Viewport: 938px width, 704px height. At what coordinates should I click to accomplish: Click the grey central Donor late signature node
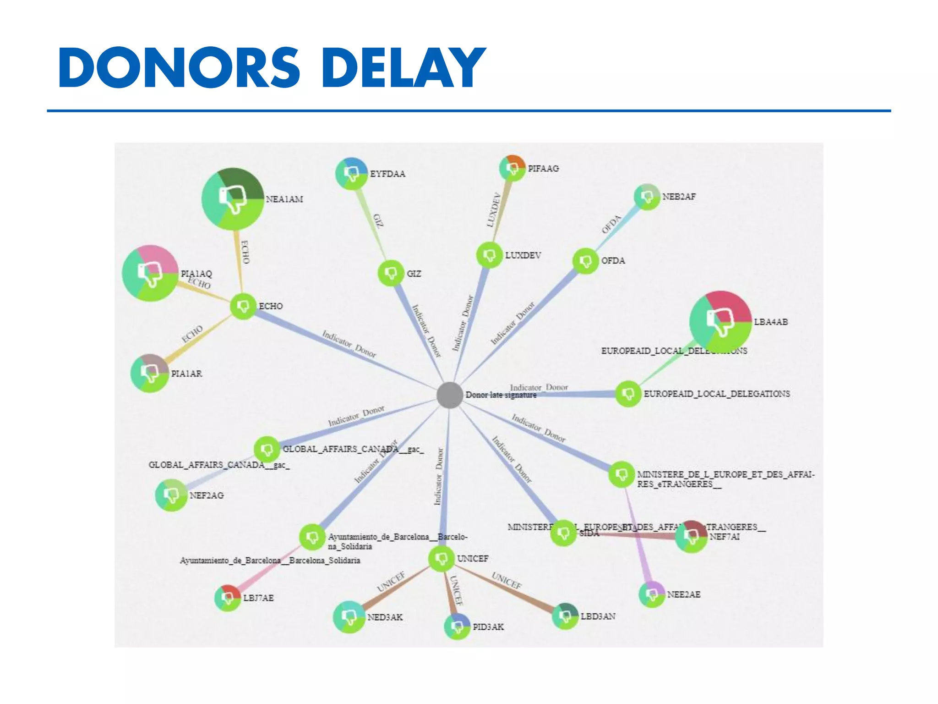coord(449,395)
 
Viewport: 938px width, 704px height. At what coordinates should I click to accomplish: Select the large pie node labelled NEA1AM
coord(233,199)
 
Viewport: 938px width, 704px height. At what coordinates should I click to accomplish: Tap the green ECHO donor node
coord(243,306)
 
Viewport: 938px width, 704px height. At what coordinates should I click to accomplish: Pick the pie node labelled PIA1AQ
coord(150,274)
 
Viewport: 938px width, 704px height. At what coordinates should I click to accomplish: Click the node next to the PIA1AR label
coord(150,373)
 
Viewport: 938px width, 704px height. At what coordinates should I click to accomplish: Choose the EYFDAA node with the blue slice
coord(352,174)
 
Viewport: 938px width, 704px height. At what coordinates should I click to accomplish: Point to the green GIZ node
coord(391,273)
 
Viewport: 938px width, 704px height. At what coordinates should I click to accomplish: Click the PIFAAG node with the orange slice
coord(513,168)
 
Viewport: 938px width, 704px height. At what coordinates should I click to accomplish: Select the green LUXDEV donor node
coord(489,255)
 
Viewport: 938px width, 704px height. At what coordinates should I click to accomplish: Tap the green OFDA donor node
coord(586,261)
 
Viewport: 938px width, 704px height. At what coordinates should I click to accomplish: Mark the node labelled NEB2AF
coord(647,197)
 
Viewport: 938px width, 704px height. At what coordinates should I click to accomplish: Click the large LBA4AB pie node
coord(720,321)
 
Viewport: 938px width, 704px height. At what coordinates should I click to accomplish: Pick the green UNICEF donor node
coord(442,558)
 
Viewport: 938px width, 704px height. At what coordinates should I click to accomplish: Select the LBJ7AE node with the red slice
coord(228,598)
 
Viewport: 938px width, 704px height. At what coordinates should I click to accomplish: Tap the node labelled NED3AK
coord(349,617)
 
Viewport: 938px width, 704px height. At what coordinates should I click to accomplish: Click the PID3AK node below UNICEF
coord(457,626)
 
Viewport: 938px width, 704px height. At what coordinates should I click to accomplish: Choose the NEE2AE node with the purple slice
coord(652,594)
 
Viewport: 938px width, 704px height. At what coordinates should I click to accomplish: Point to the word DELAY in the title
coord(404,67)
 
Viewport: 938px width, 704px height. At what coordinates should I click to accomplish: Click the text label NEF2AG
coord(207,495)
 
